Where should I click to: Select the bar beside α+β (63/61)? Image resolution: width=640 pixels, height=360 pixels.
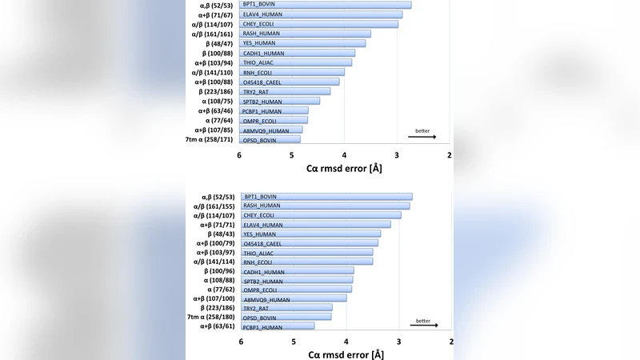278,326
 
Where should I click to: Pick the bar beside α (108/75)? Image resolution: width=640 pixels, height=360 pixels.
279,101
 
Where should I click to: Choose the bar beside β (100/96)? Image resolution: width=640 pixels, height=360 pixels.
297,271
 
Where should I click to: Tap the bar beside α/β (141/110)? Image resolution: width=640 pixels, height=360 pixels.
291,72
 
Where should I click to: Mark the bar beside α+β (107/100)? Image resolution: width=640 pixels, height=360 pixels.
294,298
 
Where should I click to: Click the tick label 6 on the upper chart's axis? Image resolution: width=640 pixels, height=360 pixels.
239,155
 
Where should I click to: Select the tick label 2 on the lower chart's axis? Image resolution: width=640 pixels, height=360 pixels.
451,342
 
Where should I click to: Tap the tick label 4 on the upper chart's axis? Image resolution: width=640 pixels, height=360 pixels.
345,155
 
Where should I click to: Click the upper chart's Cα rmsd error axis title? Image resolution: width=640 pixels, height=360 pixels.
345,169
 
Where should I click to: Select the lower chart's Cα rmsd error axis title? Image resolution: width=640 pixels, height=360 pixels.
346,354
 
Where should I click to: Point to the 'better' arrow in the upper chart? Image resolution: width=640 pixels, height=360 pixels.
422,137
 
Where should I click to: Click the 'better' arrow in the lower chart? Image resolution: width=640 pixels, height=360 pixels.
424,326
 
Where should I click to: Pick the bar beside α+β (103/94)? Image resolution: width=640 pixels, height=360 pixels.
296,62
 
